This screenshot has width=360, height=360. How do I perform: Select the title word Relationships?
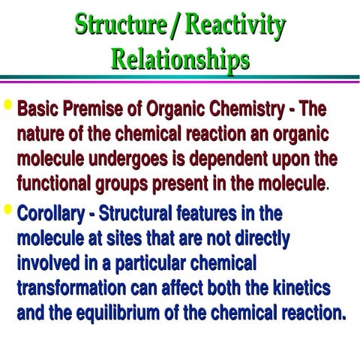pyautogui.click(x=180, y=58)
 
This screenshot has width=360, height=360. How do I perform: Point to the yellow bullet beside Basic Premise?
pyautogui.click(x=8, y=105)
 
